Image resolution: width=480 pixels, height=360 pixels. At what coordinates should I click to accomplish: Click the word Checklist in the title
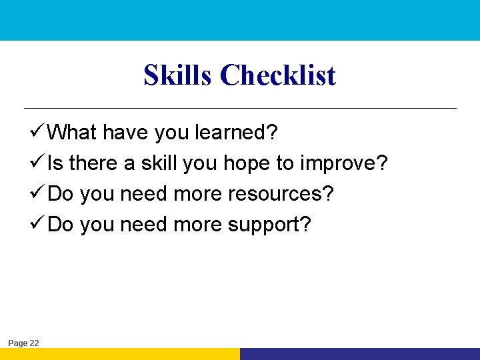pos(278,75)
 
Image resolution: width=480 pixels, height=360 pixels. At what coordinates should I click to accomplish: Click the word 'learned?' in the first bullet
pos(236,133)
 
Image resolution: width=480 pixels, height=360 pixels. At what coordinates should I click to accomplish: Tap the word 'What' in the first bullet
pos(73,133)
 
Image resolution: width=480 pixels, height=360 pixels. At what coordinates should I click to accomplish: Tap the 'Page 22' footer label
pos(23,343)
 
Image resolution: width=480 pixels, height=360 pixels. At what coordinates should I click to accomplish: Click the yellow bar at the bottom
pos(120,354)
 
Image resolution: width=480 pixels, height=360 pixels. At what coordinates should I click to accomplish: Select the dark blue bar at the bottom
pos(360,354)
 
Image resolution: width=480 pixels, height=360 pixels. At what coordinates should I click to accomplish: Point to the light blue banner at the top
pos(240,20)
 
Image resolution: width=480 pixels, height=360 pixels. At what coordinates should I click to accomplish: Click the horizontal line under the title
pos(240,108)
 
